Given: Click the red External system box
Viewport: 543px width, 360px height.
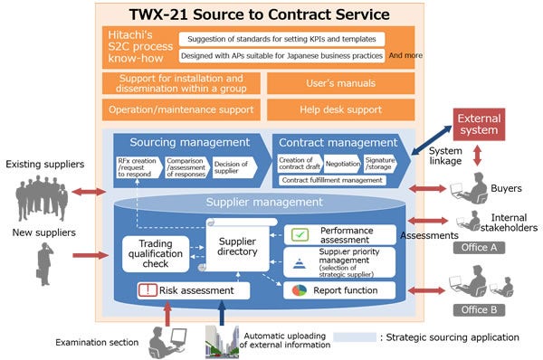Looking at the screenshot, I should pos(479,125).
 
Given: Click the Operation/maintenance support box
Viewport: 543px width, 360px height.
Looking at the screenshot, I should pos(182,110).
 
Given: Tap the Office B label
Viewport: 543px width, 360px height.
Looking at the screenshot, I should pos(477,308).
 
